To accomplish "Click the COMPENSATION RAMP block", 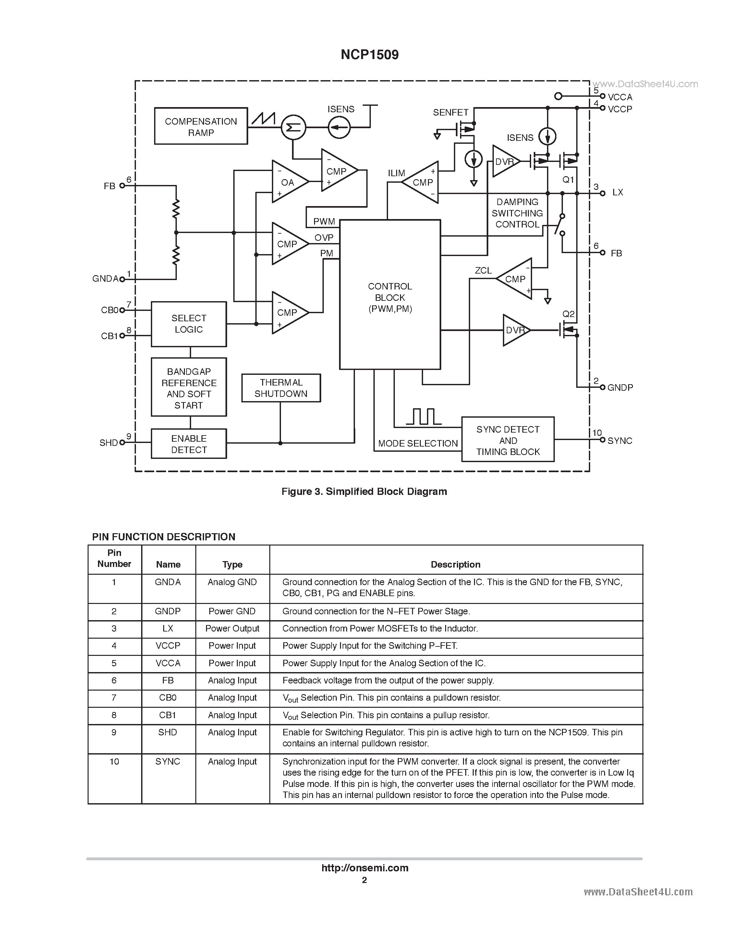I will pos(201,126).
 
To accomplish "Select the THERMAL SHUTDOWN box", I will pos(281,388).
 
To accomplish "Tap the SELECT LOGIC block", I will pos(189,324).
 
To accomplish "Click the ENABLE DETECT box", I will pos(189,444).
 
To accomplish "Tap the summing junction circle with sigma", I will pos(293,127).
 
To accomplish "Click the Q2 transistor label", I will pos(568,314).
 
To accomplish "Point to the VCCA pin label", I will pos(620,97).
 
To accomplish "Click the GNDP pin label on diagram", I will pos(620,388).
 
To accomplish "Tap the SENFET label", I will pos(450,112).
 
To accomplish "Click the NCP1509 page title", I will pos(369,55).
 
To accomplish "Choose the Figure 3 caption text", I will pos(364,492).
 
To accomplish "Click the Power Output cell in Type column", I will pos(232,629).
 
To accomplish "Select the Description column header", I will pos(455,565).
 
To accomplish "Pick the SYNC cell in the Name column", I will pos(167,762).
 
